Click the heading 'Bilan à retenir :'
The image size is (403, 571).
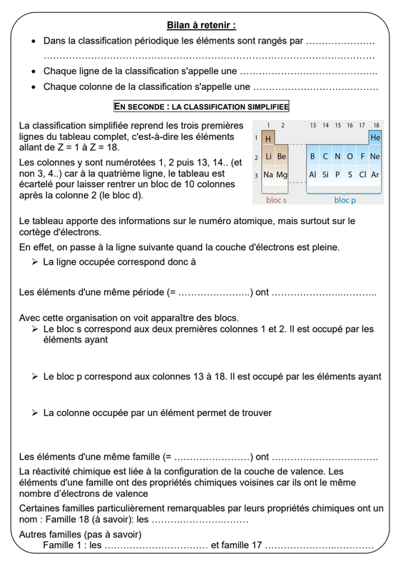(x=201, y=25)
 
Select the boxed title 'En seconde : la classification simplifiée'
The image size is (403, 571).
(x=201, y=106)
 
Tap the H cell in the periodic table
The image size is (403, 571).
(x=268, y=138)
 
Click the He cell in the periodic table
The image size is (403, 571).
(x=375, y=137)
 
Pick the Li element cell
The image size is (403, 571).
(x=268, y=156)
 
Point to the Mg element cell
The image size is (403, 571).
(x=282, y=175)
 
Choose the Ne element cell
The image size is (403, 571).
(x=375, y=156)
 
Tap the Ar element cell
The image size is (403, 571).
(x=375, y=175)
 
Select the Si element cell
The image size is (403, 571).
(x=325, y=175)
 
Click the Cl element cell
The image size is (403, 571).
(x=362, y=175)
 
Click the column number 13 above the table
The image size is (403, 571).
(x=312, y=126)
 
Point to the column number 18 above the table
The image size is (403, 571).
(x=376, y=126)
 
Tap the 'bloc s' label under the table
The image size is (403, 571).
(x=276, y=200)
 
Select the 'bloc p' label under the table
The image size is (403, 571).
(x=345, y=200)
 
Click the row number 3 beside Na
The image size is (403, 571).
(x=256, y=175)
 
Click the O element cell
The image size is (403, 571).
(x=350, y=156)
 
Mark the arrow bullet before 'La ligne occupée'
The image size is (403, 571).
(x=34, y=262)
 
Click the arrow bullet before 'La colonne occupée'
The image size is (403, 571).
(x=34, y=413)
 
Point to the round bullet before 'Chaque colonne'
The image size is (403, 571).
(x=34, y=87)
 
